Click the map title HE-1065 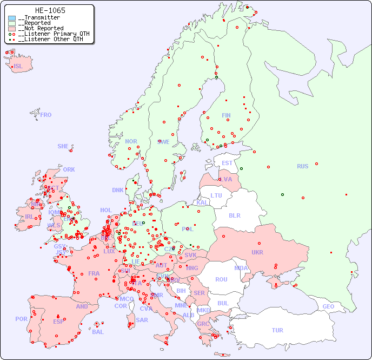click(50, 10)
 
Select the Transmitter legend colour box click(12, 18)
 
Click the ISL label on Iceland click(18, 67)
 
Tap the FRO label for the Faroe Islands click(46, 115)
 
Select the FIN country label click(226, 115)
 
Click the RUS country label click(302, 166)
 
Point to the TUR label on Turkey click(277, 330)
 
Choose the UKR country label click(257, 252)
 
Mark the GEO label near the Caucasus click(328, 306)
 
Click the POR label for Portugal click(21, 319)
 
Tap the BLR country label click(234, 215)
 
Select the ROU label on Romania click(221, 279)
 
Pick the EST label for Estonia click(227, 163)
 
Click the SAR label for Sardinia click(142, 320)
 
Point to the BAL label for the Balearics click(97, 332)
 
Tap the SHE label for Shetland click(63, 146)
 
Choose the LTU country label click(216, 195)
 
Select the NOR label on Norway click(131, 141)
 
